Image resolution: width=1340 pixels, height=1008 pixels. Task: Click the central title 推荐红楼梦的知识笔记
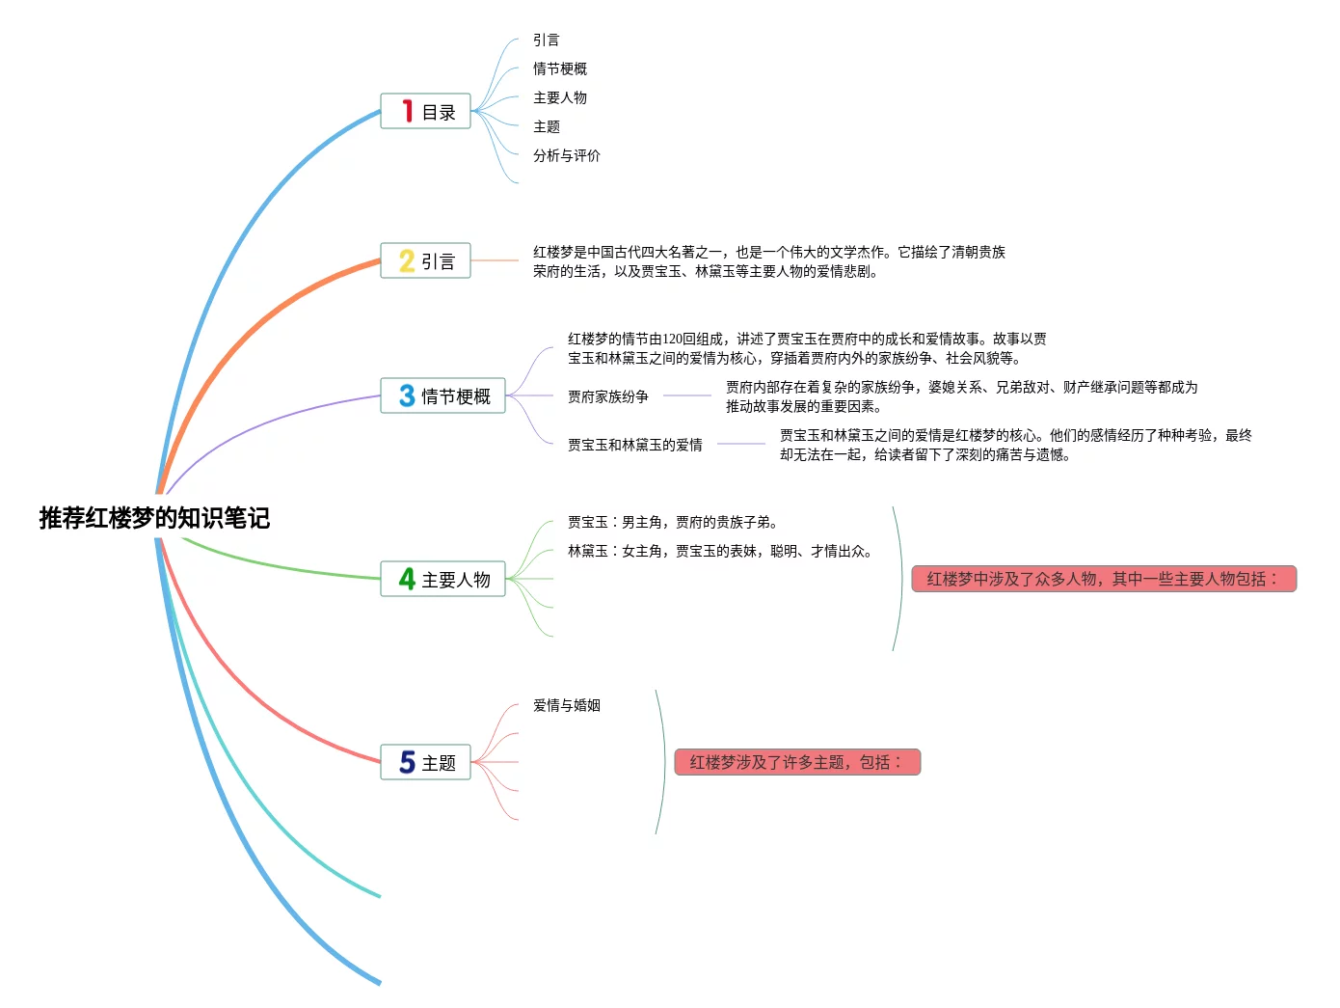pyautogui.click(x=154, y=518)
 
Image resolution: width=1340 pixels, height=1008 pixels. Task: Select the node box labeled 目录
pyautogui.click(x=425, y=112)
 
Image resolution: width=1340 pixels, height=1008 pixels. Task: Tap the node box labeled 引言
pyautogui.click(x=425, y=260)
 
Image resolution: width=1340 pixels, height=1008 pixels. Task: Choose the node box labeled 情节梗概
pyautogui.click(x=442, y=395)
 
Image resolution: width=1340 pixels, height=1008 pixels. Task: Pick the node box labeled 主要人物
pyautogui.click(x=442, y=579)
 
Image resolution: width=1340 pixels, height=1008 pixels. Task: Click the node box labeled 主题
pyautogui.click(x=425, y=762)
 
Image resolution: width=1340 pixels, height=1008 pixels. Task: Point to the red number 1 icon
pyautogui.click(x=408, y=112)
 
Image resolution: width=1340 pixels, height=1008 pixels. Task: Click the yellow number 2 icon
pyautogui.click(x=407, y=260)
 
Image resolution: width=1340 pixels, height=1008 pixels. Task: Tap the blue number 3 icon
pyautogui.click(x=407, y=395)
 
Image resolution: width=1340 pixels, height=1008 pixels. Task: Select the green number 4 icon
pyautogui.click(x=407, y=579)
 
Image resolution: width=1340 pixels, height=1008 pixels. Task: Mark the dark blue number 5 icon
pyautogui.click(x=407, y=762)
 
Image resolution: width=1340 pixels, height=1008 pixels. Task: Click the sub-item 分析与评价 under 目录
pyautogui.click(x=566, y=155)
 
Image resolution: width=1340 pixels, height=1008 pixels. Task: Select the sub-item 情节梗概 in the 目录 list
pyautogui.click(x=559, y=68)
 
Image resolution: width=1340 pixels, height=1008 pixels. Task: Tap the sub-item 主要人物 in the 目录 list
pyautogui.click(x=559, y=97)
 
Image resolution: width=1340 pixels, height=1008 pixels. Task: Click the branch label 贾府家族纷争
pyautogui.click(x=607, y=396)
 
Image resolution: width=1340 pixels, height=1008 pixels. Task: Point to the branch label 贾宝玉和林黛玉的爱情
pyautogui.click(x=634, y=445)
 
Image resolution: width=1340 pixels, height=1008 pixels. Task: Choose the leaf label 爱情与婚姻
pyautogui.click(x=566, y=705)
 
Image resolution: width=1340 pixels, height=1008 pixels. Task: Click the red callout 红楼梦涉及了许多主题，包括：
pyautogui.click(x=797, y=762)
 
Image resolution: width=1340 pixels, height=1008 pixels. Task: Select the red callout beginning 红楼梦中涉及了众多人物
pyautogui.click(x=1104, y=579)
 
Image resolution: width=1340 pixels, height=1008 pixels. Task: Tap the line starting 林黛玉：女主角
pyautogui.click(x=719, y=551)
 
